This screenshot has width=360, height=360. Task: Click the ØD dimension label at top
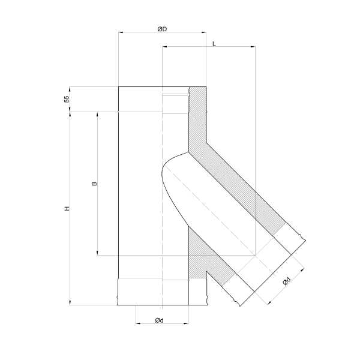162,29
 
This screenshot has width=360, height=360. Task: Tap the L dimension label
214,44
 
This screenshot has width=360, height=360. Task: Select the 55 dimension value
67,99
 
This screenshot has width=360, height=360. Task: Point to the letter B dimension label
94,184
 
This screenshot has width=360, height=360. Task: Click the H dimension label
67,208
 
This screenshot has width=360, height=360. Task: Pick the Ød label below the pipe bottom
160,320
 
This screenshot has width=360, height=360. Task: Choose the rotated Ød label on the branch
287,281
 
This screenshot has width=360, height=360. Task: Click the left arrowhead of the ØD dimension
121,32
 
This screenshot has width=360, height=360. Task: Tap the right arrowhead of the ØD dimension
203,32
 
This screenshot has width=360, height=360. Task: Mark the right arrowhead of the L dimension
253,47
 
